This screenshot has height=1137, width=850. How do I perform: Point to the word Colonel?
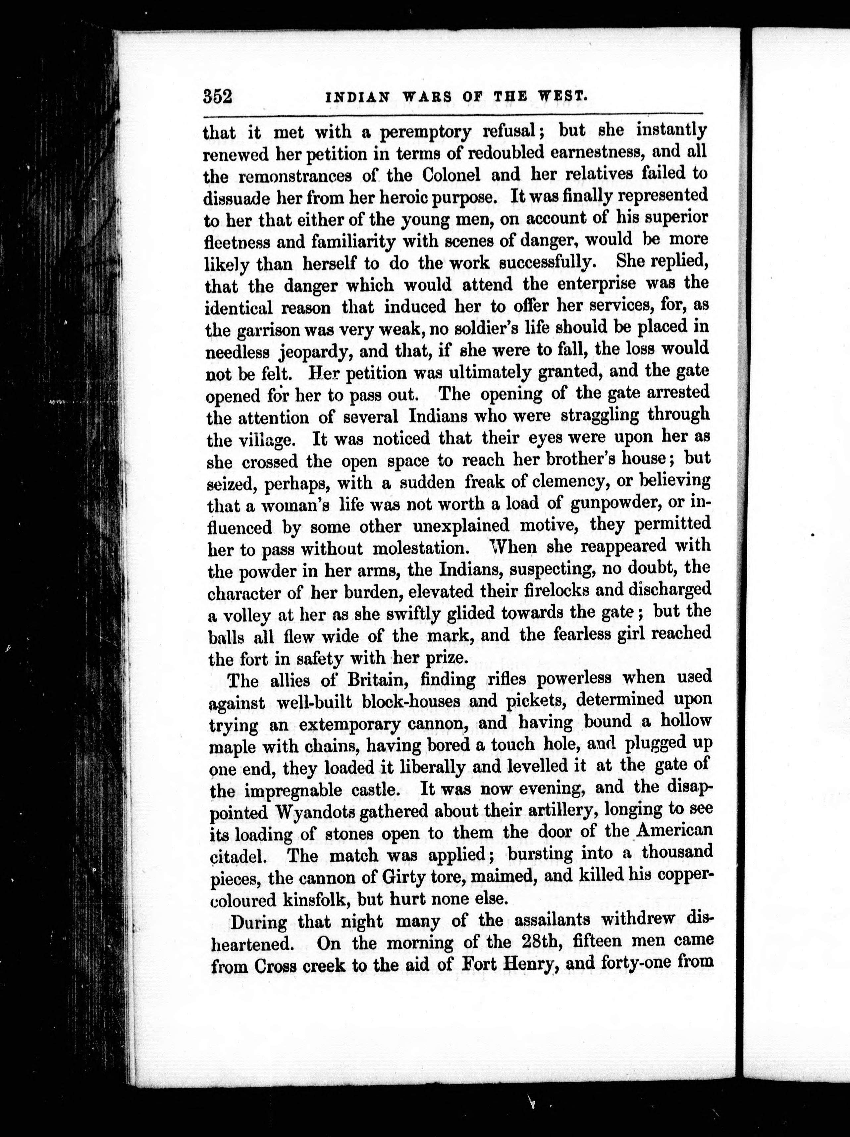[x=451, y=175]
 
